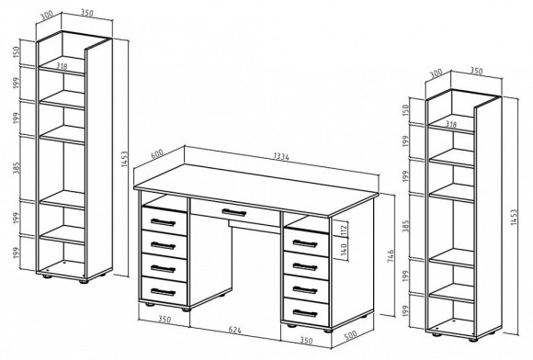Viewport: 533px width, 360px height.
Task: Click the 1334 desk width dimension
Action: click(x=281, y=156)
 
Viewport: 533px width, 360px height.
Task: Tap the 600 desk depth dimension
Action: click(x=157, y=154)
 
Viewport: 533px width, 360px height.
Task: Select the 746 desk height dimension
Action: click(x=391, y=256)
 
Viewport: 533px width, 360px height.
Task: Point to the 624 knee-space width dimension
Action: click(x=235, y=330)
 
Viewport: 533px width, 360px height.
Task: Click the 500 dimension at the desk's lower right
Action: click(x=350, y=335)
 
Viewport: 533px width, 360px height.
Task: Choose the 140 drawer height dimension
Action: click(x=344, y=250)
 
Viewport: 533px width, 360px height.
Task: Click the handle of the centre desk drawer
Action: click(x=233, y=213)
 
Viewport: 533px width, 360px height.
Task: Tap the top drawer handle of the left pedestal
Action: click(x=163, y=222)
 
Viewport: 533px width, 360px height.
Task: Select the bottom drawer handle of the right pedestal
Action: click(x=305, y=313)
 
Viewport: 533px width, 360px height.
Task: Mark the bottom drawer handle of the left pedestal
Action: click(x=163, y=292)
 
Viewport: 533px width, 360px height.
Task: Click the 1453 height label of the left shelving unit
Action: click(x=124, y=159)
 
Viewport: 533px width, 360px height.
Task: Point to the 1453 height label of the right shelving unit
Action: click(x=514, y=217)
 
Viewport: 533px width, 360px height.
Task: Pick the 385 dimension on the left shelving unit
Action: click(x=17, y=167)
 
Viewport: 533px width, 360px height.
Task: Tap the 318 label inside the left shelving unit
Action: click(x=62, y=66)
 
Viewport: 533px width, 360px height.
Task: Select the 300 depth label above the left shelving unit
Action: click(x=47, y=17)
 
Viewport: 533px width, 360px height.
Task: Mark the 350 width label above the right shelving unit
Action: click(x=476, y=71)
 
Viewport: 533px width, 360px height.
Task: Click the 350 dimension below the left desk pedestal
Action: click(x=164, y=320)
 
